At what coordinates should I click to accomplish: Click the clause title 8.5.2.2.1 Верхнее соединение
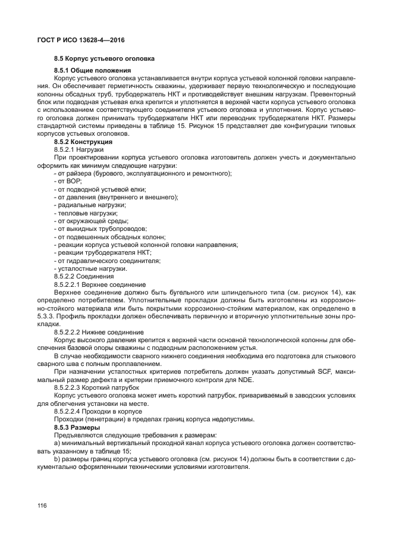coord(100,284)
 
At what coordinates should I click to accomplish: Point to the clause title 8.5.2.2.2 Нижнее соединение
coord(99,331)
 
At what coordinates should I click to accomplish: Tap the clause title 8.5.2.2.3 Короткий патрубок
coord(96,387)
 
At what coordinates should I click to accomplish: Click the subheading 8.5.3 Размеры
coord(77,427)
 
